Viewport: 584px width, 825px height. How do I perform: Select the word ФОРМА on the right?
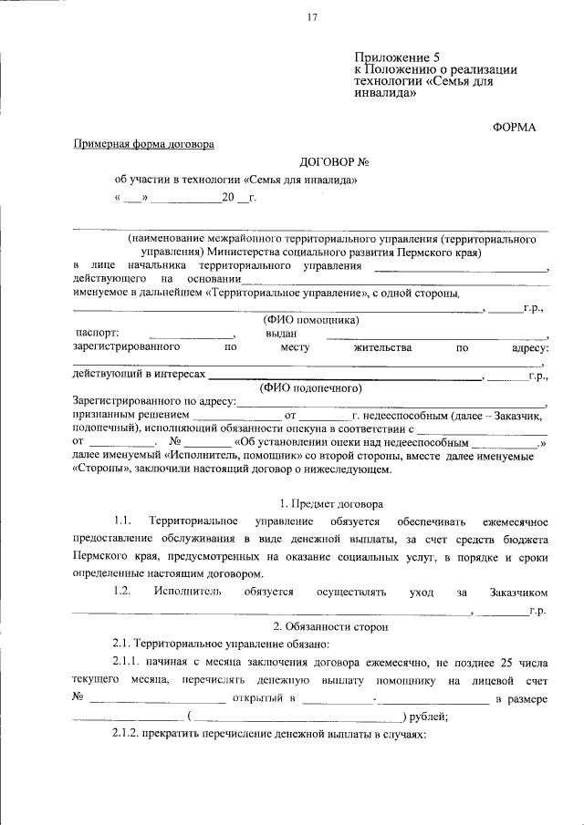click(515, 127)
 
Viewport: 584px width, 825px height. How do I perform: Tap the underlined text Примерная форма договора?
click(143, 144)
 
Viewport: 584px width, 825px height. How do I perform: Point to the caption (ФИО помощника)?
click(310, 320)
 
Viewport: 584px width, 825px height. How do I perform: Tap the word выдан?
click(282, 334)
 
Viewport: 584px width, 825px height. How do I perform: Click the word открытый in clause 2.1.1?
click(265, 698)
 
